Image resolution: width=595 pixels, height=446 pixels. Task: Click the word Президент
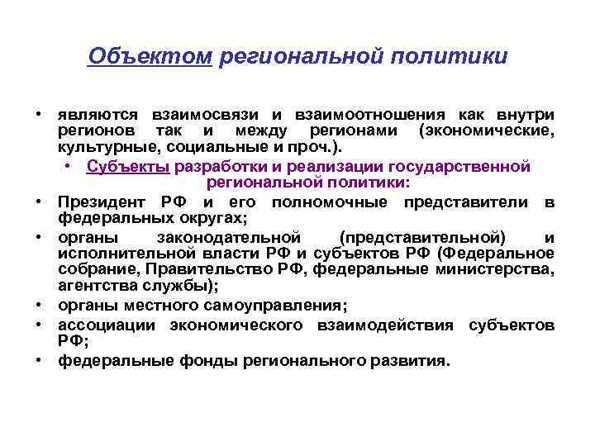click(x=101, y=202)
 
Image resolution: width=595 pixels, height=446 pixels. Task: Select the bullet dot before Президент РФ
click(x=39, y=202)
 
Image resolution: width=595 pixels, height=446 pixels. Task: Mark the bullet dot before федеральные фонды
click(x=39, y=361)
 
